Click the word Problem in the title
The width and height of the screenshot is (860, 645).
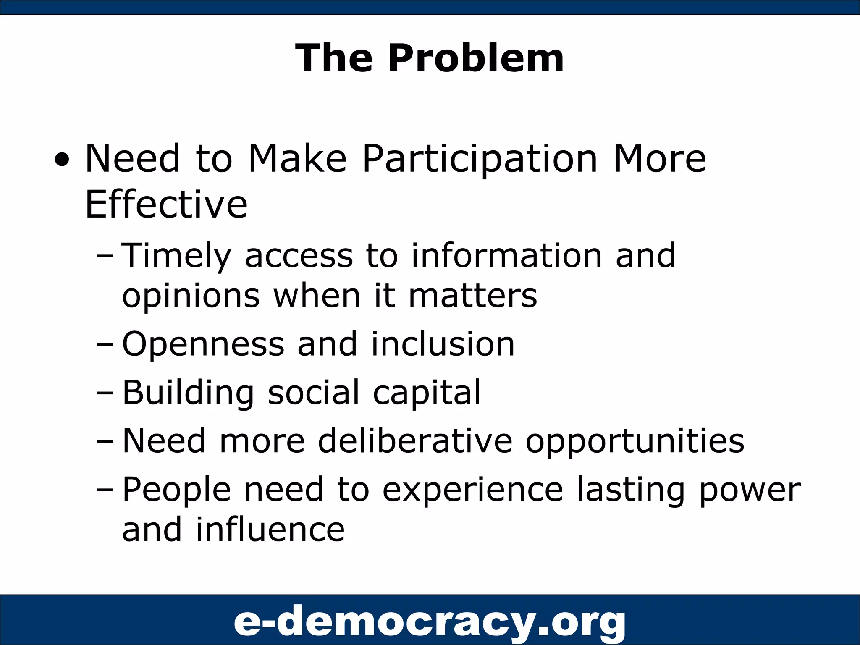(475, 59)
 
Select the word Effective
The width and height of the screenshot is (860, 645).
(166, 205)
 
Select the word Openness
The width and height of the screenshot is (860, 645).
(203, 344)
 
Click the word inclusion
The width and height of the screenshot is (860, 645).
(443, 344)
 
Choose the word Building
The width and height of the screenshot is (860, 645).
(188, 393)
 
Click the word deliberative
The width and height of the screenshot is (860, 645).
(415, 441)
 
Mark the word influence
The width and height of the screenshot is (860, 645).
(270, 530)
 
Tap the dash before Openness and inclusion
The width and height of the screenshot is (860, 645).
(105, 345)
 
